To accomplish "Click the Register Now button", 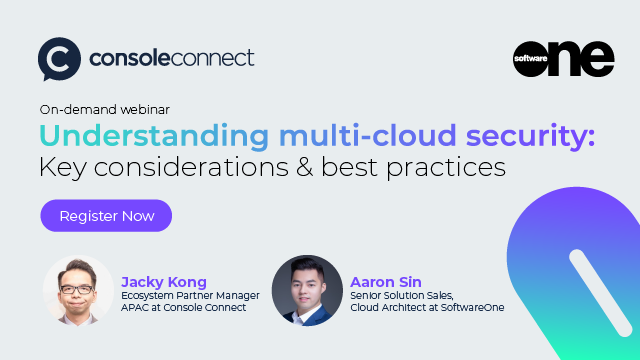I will (x=106, y=215).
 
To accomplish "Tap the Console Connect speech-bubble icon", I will (x=57, y=59).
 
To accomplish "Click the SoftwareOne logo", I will (x=563, y=58).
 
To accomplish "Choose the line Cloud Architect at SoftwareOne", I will (x=427, y=307).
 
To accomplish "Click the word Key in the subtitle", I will (x=62, y=166).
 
